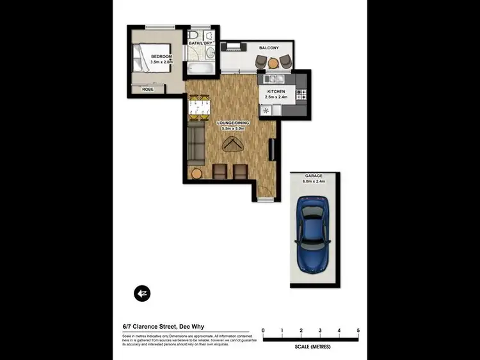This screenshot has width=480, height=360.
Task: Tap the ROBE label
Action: coord(148,90)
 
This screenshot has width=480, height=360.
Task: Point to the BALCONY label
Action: coord(268,48)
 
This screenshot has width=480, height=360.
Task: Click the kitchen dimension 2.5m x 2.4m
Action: coord(277,97)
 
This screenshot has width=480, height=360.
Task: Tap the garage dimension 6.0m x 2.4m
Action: coord(314,182)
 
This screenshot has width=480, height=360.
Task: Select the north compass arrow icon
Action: coord(141,293)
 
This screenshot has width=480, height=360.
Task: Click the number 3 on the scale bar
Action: coord(320,331)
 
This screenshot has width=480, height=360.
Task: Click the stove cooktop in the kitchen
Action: coord(302,95)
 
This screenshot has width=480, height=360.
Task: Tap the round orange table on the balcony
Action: coord(273,63)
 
